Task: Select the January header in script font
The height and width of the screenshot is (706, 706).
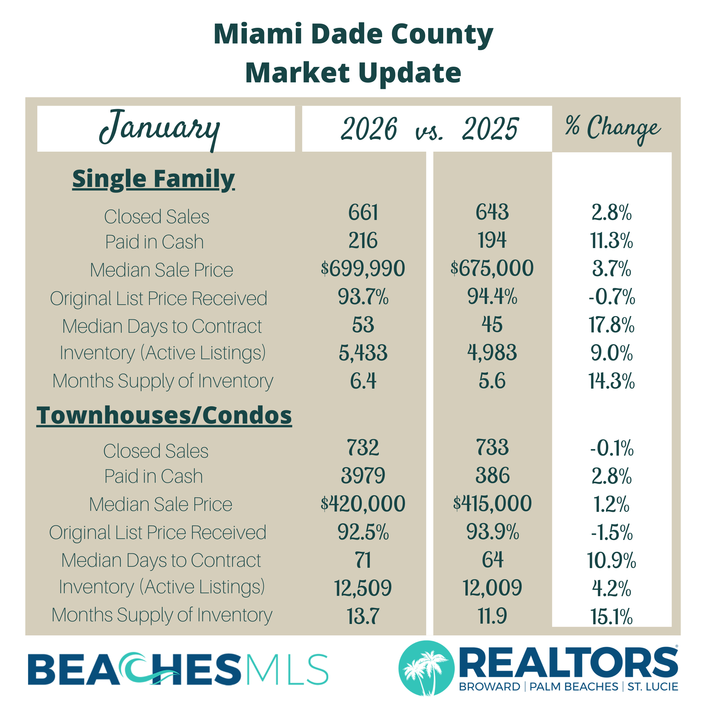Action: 160,129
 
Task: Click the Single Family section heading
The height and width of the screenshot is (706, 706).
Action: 154,179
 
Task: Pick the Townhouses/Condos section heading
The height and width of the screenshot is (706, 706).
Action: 164,415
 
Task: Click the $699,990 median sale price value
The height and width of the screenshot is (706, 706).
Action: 363,268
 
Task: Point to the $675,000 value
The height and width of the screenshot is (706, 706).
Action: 492,268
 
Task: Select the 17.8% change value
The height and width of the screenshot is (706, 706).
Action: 611,325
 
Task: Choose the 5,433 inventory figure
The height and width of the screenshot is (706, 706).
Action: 363,353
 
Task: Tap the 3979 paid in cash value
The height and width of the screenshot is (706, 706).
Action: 363,476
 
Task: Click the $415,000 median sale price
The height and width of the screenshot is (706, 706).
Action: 492,504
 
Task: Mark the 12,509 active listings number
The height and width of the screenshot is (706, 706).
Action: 363,588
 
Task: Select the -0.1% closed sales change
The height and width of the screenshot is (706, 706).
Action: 611,448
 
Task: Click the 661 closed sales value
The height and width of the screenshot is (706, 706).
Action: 363,212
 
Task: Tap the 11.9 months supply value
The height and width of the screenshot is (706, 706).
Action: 492,616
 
